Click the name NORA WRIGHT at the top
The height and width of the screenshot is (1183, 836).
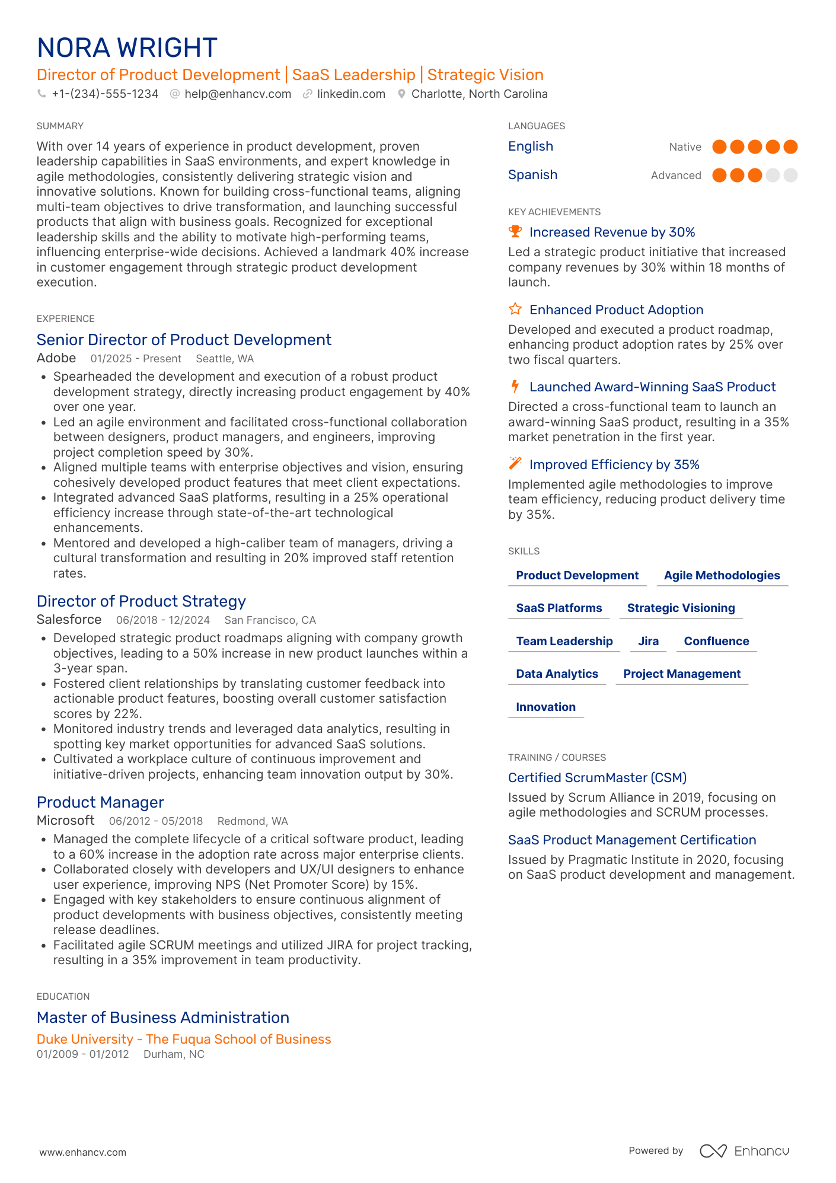[127, 48]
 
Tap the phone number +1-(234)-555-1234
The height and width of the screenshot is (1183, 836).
[105, 94]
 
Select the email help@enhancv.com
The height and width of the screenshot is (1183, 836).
[237, 94]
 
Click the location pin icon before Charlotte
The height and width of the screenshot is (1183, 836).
[401, 94]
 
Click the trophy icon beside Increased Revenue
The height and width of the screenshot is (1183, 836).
[515, 231]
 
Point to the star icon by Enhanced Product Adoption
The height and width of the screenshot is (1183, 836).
[515, 309]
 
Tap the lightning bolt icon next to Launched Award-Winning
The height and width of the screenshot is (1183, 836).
[515, 387]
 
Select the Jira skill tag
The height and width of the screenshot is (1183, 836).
[648, 641]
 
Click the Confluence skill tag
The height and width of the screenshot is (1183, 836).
[716, 641]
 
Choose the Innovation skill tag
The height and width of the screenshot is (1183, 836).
[545, 707]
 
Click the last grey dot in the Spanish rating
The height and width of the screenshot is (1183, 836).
[790, 175]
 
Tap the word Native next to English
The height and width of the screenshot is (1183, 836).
[685, 147]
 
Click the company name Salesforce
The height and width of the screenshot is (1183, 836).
[69, 620]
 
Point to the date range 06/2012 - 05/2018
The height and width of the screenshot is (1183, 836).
[156, 821]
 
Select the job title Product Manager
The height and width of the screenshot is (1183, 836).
[100, 802]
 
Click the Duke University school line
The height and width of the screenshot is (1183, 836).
[184, 1039]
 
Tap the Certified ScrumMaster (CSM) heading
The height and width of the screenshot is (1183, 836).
[597, 777]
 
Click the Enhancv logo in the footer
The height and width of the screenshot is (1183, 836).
[744, 1151]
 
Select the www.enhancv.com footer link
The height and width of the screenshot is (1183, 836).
[83, 1152]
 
